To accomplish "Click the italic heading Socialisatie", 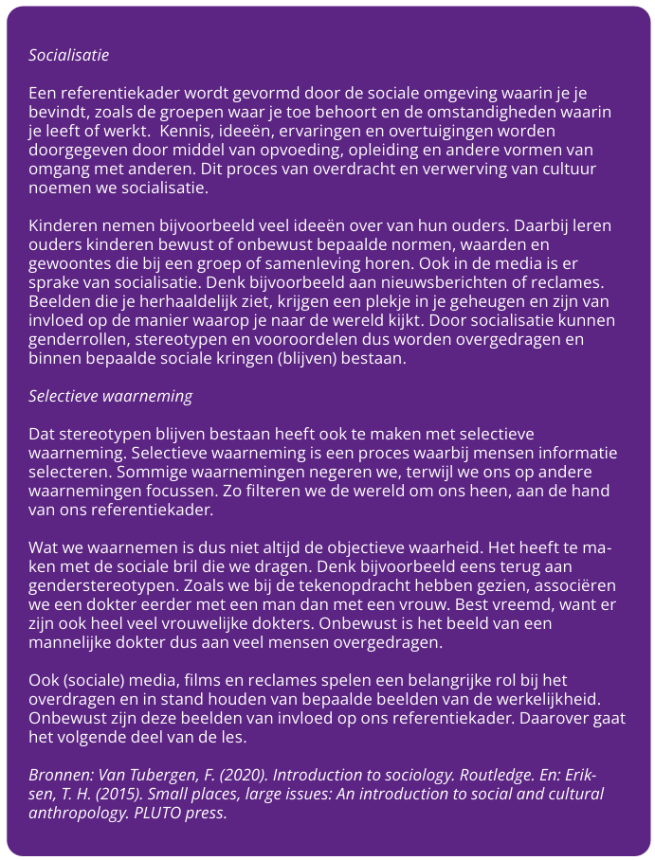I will (x=69, y=55).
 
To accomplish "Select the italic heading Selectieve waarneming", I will (x=110, y=396).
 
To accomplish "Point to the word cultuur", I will (x=567, y=169).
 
